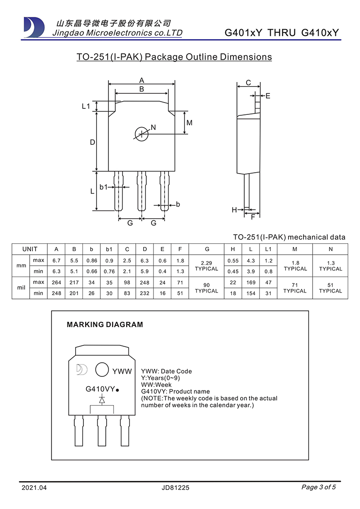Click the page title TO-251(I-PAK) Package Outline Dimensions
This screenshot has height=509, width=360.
tap(174, 57)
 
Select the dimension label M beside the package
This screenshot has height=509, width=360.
tap(190, 123)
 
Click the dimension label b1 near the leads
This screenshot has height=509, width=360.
tap(103, 187)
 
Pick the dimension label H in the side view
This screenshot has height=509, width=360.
tap(234, 210)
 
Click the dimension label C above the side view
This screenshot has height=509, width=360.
tap(248, 82)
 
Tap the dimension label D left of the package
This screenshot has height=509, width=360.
tap(92, 142)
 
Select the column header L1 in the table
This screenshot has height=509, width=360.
tap(268, 249)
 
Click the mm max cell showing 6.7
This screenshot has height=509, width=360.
tap(57, 261)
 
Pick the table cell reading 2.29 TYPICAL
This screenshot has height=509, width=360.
tap(207, 266)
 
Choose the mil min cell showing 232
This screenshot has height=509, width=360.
tap(145, 293)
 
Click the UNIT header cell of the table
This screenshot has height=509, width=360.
tap(30, 249)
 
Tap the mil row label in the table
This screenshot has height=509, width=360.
tap(21, 288)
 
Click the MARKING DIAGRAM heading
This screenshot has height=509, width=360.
tap(105, 325)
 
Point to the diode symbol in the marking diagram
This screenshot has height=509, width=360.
tap(102, 400)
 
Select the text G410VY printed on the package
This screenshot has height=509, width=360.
tap(100, 389)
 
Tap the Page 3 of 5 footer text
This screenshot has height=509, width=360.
tap(319, 487)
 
